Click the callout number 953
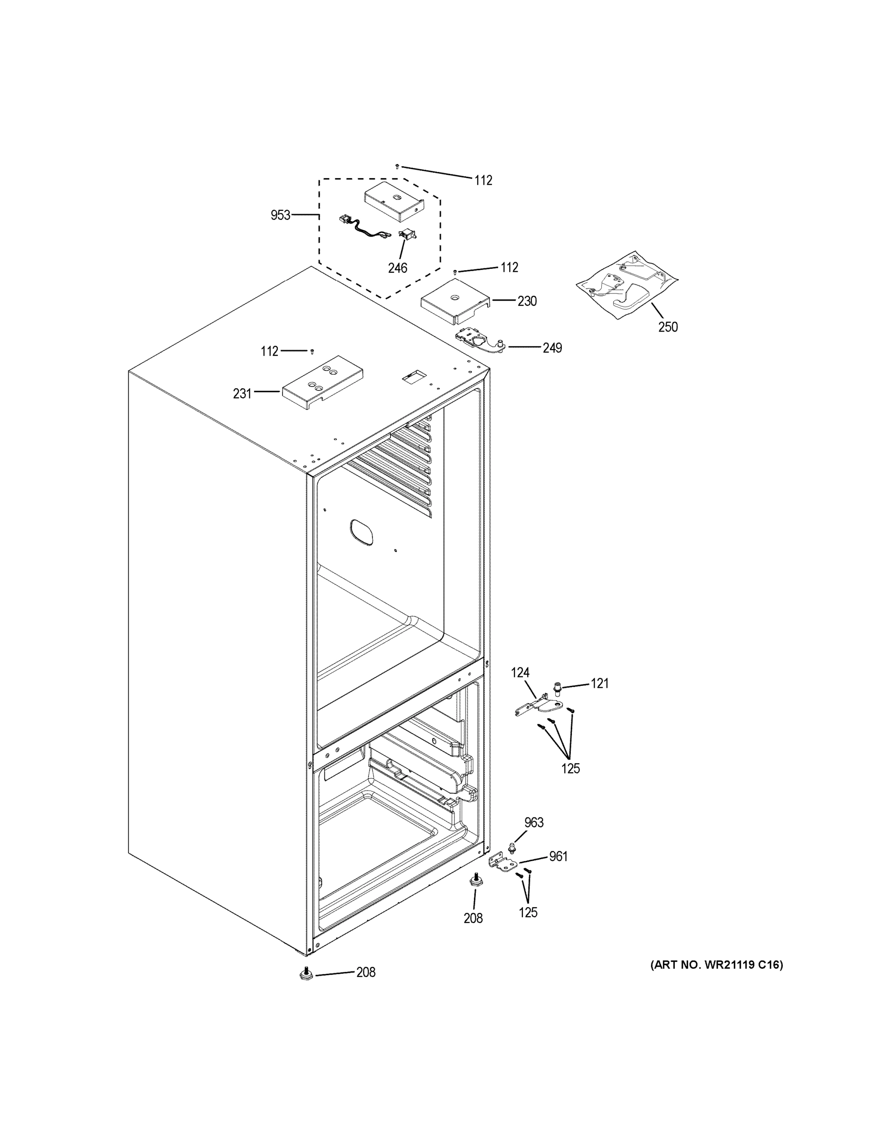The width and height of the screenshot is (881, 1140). click(280, 215)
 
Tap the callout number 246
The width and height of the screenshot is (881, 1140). click(397, 268)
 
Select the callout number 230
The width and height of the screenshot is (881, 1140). click(527, 301)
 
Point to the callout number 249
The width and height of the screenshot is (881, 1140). click(552, 348)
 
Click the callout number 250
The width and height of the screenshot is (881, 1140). click(668, 327)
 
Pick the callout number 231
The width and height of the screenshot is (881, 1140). click(242, 394)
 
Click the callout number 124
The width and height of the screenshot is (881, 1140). click(520, 673)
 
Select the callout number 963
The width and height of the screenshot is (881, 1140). click(534, 823)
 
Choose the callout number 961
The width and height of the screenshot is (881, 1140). click(558, 856)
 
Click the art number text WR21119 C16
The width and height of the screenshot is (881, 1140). click(716, 965)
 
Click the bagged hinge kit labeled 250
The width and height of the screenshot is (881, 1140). click(628, 285)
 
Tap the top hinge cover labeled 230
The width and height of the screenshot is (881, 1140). click(454, 301)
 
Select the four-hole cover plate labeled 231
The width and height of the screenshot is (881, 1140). click(322, 384)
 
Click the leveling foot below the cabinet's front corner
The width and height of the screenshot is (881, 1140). click(306, 974)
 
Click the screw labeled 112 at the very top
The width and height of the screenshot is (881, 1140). click(398, 167)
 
